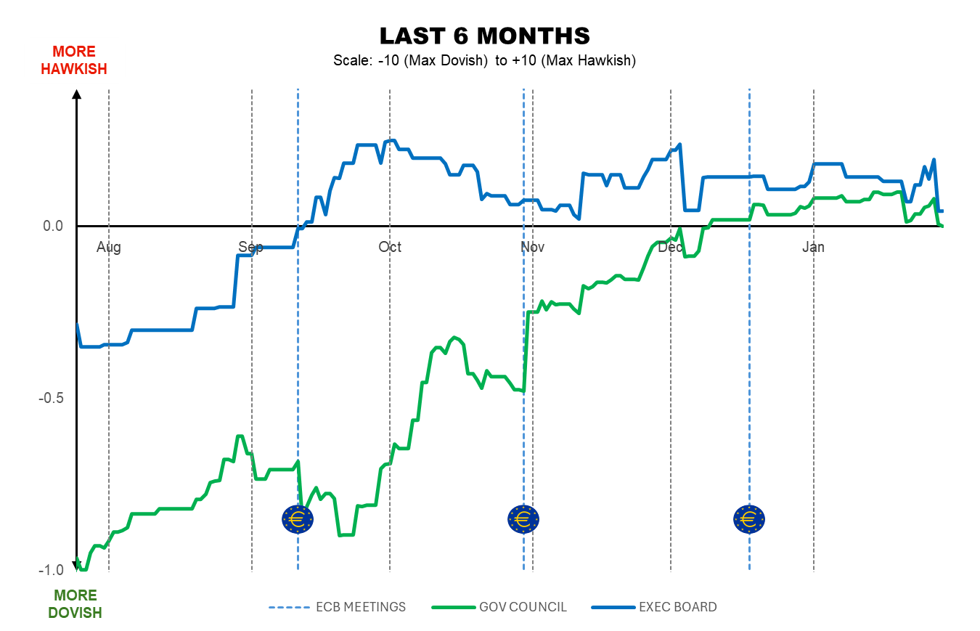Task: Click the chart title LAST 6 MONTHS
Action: click(485, 36)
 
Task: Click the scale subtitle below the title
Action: click(484, 60)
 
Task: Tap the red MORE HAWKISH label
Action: click(74, 60)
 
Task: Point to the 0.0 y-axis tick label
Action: click(53, 227)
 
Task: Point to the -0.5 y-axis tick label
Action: click(51, 399)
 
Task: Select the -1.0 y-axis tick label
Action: click(51, 570)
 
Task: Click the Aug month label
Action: click(109, 248)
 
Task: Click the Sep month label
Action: click(250, 248)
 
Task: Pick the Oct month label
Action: click(390, 248)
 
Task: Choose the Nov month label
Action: click(532, 248)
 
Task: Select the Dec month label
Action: click(670, 248)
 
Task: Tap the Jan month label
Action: click(813, 248)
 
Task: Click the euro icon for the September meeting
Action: click(298, 519)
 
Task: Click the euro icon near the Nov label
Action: click(523, 519)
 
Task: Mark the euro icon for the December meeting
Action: click(749, 519)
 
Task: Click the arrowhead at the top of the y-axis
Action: click(76, 93)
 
